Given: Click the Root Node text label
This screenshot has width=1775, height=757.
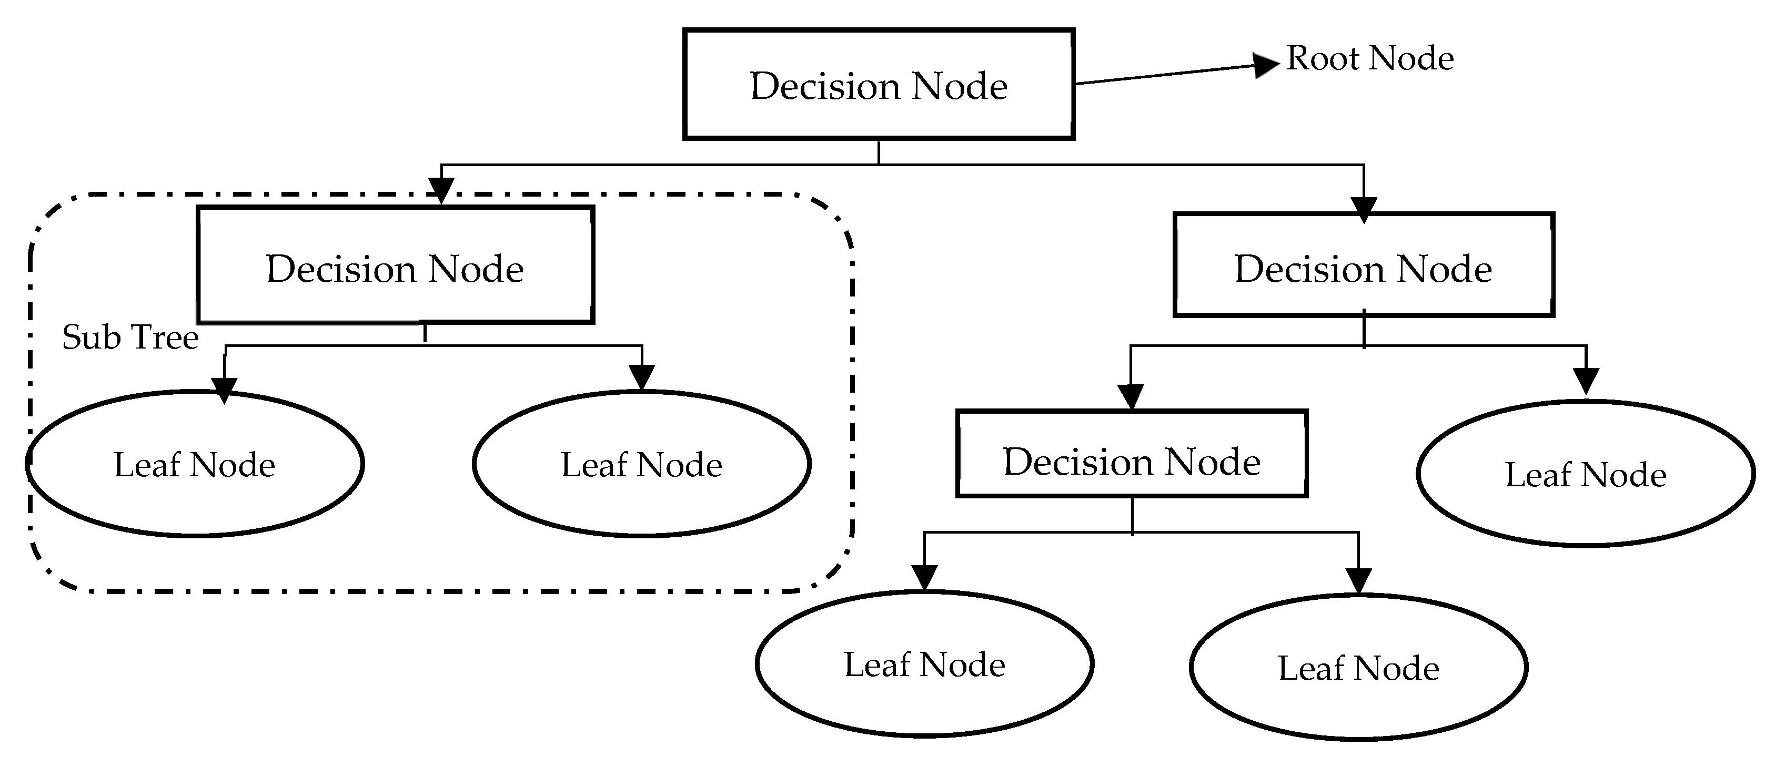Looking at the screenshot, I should coord(1370,58).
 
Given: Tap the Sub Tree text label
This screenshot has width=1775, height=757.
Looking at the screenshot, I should coord(130,337).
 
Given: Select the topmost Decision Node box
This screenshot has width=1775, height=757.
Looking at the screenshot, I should coord(879,85).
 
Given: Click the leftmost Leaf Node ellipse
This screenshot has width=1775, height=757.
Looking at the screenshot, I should coord(195,464).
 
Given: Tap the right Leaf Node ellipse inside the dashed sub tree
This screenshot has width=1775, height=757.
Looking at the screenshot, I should coord(641,464).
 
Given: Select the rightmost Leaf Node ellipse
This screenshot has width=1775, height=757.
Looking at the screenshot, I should coord(1586,474).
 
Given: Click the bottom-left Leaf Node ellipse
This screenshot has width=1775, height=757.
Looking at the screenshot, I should coord(924,664).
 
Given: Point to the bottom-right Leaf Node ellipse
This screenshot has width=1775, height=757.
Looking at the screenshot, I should coord(1358,667).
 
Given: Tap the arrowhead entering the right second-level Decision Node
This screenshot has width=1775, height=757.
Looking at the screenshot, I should coord(1364,209).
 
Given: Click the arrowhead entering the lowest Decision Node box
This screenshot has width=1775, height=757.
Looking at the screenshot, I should coord(1131,396).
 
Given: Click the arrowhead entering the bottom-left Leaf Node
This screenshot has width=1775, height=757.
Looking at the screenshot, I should coord(924,577).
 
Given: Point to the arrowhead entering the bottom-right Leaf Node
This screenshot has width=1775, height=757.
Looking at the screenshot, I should coord(1358,580).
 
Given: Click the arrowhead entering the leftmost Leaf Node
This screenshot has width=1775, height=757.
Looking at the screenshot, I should coord(225,389).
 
